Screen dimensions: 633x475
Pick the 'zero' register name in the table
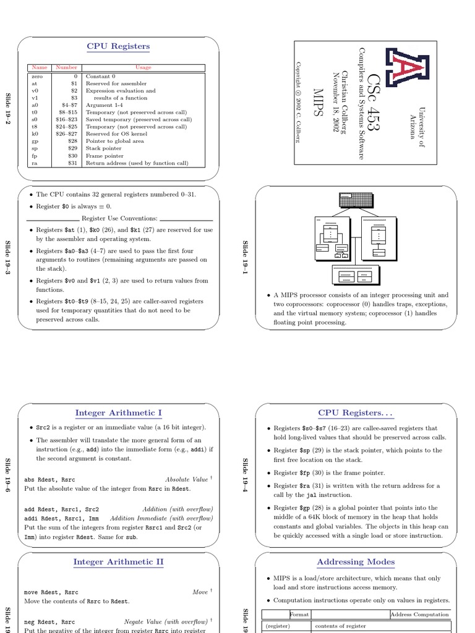click(36, 77)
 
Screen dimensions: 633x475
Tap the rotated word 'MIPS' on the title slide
click(319, 103)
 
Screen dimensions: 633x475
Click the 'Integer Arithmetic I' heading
click(118, 413)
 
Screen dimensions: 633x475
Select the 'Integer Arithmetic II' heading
click(118, 562)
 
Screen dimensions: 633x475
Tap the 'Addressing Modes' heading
click(356, 562)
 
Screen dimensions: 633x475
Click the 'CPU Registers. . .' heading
click(356, 413)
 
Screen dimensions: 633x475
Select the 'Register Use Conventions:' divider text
click(119, 218)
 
